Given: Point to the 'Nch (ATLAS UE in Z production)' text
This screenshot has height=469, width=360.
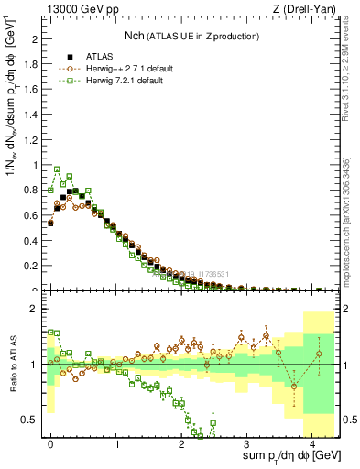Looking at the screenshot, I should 191,37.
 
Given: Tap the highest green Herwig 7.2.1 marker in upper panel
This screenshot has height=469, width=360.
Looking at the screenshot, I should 57,169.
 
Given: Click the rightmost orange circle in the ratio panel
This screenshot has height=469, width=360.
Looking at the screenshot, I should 319,354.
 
